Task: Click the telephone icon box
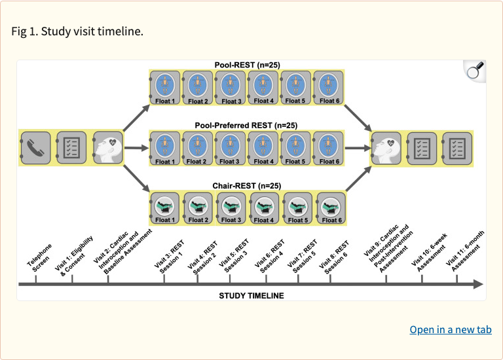(35, 148)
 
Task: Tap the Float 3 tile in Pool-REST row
(231, 88)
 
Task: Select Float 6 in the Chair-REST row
(331, 208)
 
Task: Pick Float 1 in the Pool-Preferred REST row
(165, 148)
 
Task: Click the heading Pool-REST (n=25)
(248, 65)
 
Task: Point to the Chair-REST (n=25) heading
(247, 186)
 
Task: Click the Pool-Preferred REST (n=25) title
(246, 125)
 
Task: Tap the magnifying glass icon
(475, 71)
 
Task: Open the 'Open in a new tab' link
(451, 329)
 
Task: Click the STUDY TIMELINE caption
(251, 296)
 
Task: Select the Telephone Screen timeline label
(40, 257)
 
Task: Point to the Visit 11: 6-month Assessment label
(466, 251)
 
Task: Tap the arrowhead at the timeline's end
(478, 284)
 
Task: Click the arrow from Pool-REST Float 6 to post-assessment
(358, 118)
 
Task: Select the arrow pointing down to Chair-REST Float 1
(137, 179)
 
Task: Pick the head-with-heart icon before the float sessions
(108, 148)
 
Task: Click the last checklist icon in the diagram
(457, 149)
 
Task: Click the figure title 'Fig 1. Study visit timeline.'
(77, 31)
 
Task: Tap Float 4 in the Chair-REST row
(265, 208)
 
